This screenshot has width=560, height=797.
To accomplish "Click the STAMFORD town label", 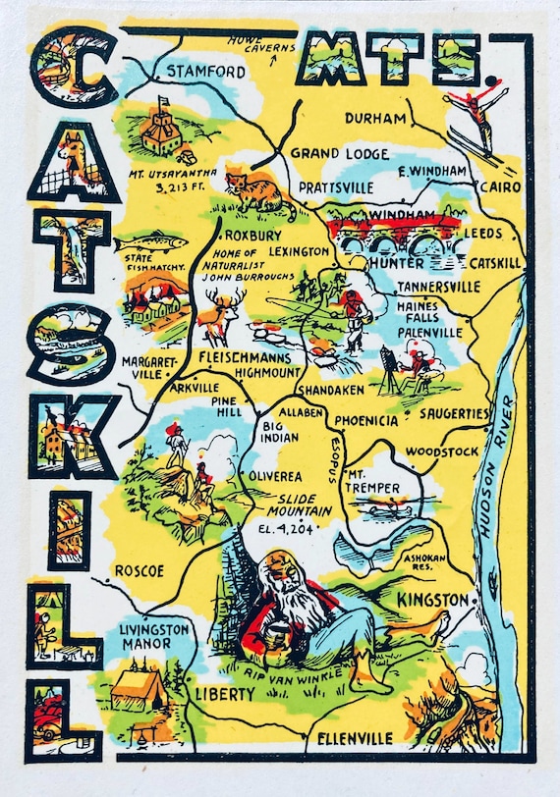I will tap(205, 72).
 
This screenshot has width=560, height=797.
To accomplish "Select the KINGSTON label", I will tap(432, 598).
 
